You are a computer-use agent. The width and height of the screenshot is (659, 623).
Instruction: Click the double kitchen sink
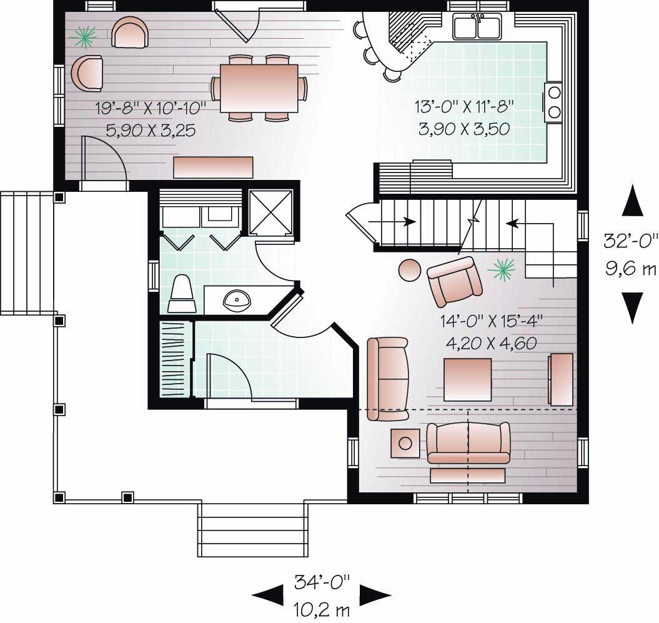476,28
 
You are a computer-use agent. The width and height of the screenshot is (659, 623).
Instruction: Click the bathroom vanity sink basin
238,301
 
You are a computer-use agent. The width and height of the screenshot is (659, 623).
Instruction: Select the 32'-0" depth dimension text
632,239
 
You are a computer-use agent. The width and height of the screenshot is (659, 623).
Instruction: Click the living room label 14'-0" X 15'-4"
490,321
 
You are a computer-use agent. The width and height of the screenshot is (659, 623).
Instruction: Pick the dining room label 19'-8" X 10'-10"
151,107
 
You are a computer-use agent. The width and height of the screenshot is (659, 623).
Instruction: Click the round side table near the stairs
410,270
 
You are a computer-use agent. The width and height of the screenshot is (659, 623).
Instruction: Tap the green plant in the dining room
83,37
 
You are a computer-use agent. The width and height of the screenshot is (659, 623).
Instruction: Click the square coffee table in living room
467,379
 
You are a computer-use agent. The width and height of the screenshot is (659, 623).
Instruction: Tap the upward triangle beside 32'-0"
632,201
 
